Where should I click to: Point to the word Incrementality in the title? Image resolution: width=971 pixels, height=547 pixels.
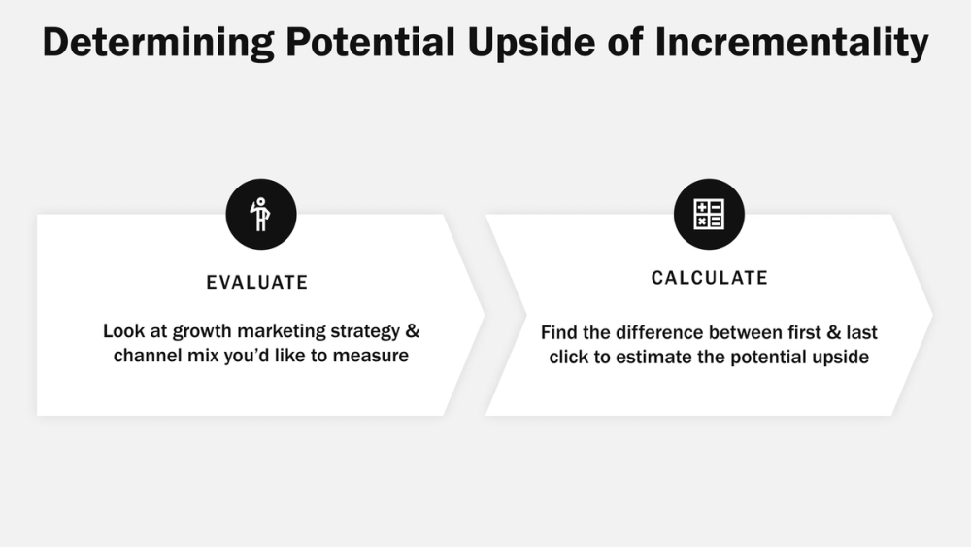(807, 44)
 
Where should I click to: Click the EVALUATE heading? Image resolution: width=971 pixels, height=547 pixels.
(257, 283)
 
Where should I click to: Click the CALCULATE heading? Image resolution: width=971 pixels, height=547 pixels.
(710, 278)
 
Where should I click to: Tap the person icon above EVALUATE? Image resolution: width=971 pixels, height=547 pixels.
(260, 215)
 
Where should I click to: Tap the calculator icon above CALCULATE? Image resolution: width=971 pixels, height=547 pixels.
(709, 214)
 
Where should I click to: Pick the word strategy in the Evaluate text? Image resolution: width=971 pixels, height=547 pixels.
(366, 331)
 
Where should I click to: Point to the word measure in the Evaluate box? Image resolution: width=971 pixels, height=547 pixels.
(371, 356)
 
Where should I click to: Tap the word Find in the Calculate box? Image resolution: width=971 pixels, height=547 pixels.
(558, 332)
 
